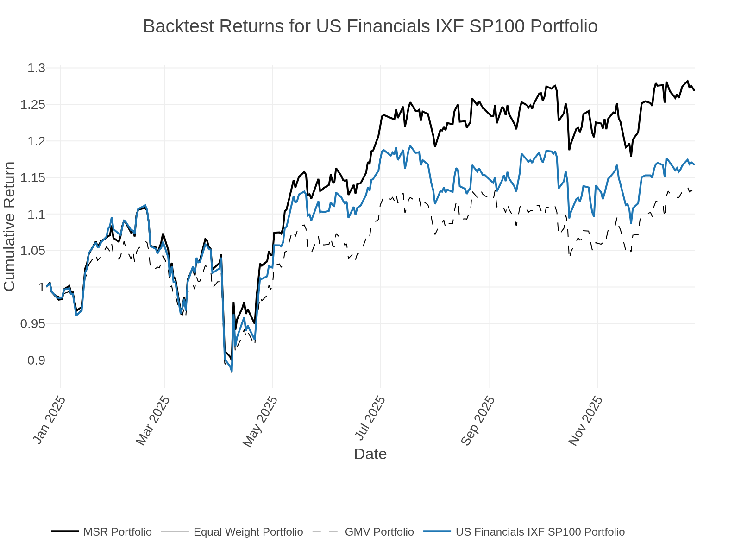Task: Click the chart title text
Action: pos(370,26)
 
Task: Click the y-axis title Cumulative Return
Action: pos(9,227)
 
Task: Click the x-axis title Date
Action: pos(370,454)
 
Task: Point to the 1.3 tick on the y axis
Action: pos(36,68)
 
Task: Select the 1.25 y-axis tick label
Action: pos(33,105)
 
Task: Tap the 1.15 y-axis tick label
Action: pos(33,177)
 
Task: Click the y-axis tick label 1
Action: pos(42,287)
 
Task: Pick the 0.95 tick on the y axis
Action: pos(33,323)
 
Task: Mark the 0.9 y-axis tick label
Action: pos(36,360)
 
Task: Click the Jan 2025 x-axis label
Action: pos(49,420)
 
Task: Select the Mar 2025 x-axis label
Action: pos(153,420)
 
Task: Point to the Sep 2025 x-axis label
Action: pos(478,420)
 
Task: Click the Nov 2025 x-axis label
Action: pos(585,420)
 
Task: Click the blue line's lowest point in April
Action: pos(232,371)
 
